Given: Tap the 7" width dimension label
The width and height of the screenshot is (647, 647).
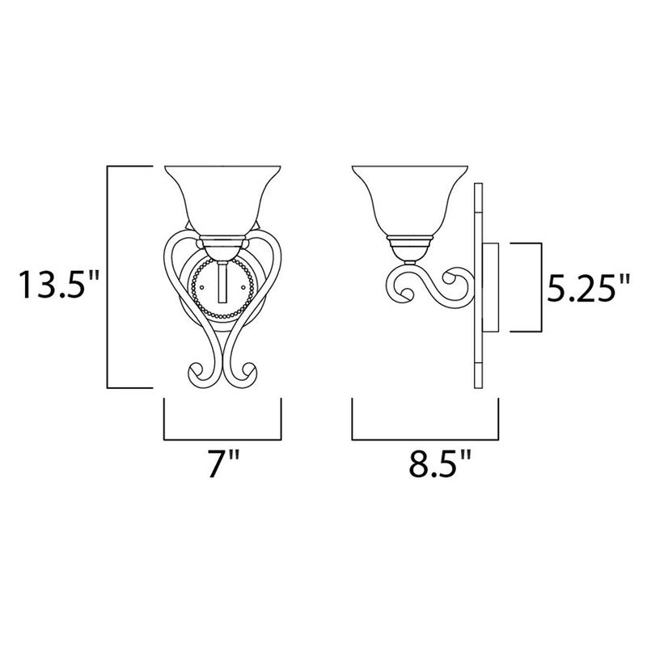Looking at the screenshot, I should coord(223,467).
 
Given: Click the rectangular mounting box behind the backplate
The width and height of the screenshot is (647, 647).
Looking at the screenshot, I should coord(493,286).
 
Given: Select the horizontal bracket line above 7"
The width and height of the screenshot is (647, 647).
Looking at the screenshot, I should coord(223,440).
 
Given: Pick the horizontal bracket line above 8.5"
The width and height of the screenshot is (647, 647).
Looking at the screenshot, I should coord(425,440).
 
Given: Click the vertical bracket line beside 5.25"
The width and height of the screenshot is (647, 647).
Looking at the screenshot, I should coord(538,286).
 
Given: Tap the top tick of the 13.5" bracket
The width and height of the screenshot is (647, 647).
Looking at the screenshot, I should coord(129,167).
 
